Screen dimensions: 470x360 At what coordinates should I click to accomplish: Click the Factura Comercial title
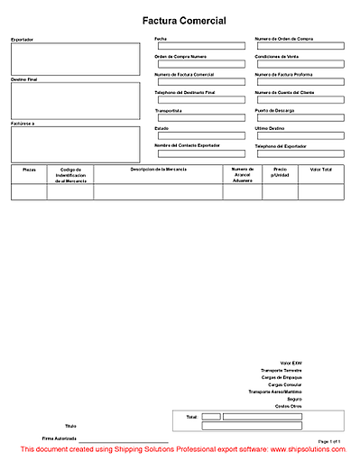(184, 21)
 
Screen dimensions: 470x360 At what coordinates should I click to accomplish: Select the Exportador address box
(75, 60)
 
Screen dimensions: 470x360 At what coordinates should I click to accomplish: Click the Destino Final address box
(75, 101)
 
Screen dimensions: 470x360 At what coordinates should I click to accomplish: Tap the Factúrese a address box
(75, 143)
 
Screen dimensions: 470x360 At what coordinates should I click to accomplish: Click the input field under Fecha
(199, 46)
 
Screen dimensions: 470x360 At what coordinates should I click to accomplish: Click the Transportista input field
(199, 117)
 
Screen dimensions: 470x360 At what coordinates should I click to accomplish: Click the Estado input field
(199, 135)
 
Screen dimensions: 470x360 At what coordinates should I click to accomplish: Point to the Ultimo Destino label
(272, 128)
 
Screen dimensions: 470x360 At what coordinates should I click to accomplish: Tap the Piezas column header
(29, 169)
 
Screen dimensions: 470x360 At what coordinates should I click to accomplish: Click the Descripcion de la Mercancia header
(158, 169)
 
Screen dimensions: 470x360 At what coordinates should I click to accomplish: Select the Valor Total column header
(320, 169)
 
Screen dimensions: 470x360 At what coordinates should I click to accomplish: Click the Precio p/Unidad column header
(280, 171)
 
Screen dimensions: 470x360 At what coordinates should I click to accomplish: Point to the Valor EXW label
(291, 363)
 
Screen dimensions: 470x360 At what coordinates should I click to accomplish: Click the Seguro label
(294, 399)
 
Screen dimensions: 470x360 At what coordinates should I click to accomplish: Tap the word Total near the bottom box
(190, 417)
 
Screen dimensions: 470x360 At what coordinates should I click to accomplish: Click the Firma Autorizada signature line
(135, 438)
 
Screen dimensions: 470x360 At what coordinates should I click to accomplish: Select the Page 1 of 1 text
(328, 440)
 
